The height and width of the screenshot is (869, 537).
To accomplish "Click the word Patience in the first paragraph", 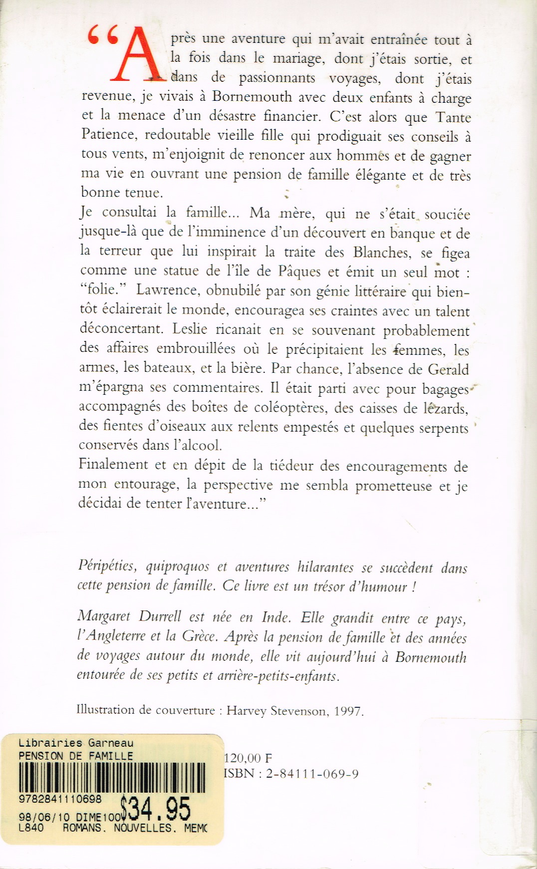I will tap(108, 135).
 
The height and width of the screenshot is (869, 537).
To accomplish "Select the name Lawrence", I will tap(166, 290).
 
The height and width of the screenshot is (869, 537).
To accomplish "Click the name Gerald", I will tap(448, 369).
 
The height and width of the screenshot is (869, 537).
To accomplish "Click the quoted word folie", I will tap(102, 290).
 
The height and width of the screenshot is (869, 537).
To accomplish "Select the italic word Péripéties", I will tap(107, 566).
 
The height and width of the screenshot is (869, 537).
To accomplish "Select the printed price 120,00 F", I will tap(248, 758).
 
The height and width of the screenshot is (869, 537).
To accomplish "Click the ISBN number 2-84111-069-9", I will tap(312, 774).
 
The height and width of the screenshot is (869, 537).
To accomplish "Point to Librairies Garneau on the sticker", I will tap(76, 743).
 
